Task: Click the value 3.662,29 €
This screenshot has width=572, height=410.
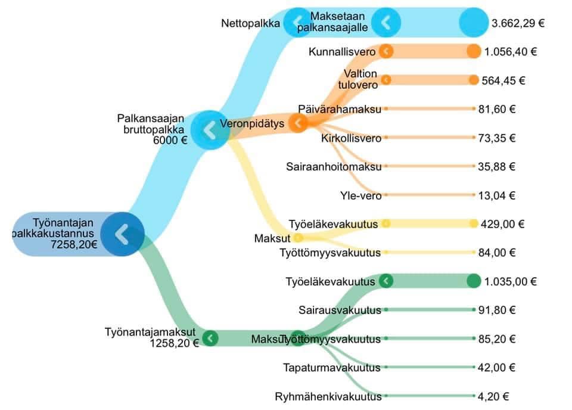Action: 518,23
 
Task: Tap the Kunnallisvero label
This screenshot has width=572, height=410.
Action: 342,52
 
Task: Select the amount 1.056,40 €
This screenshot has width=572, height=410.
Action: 511,52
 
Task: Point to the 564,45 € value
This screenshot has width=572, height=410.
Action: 503,80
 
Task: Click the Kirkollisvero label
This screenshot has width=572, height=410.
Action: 351,138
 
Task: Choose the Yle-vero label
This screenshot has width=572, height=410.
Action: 361,196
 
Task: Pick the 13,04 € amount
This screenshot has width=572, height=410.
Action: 496,196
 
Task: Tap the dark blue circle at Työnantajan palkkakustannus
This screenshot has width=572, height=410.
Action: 122,234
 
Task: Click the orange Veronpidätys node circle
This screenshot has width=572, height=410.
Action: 298,123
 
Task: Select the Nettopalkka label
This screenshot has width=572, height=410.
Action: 250,23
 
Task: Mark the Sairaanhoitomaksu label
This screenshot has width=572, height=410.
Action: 334,167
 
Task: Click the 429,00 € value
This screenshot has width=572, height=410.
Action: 502,224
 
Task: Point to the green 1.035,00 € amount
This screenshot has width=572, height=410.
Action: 511,282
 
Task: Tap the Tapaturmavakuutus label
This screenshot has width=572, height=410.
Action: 332,368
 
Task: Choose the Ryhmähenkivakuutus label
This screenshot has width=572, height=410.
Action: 328,396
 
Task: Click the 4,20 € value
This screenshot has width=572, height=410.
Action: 493,396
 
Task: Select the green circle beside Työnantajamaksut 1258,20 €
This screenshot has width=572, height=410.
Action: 210,338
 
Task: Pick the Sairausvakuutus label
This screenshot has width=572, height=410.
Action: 340,310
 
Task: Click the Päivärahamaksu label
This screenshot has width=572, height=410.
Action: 339,109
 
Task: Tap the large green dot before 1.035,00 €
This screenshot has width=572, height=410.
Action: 474,281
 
